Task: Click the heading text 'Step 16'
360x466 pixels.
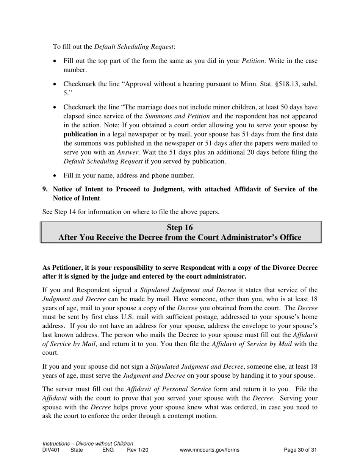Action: tap(180, 227)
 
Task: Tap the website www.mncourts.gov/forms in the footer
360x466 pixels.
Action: tap(210, 450)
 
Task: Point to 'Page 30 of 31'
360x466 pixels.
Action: tap(300, 450)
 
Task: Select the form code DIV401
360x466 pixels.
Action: tap(51, 450)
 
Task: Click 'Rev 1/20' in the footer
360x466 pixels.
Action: tap(138, 450)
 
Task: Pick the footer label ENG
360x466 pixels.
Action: tap(108, 450)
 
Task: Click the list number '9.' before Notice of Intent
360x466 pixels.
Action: tap(45, 189)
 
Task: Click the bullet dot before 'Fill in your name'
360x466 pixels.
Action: tap(56, 176)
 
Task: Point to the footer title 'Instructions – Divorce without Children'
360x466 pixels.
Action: tap(88, 444)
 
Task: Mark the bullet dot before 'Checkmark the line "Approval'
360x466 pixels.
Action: tap(56, 84)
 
